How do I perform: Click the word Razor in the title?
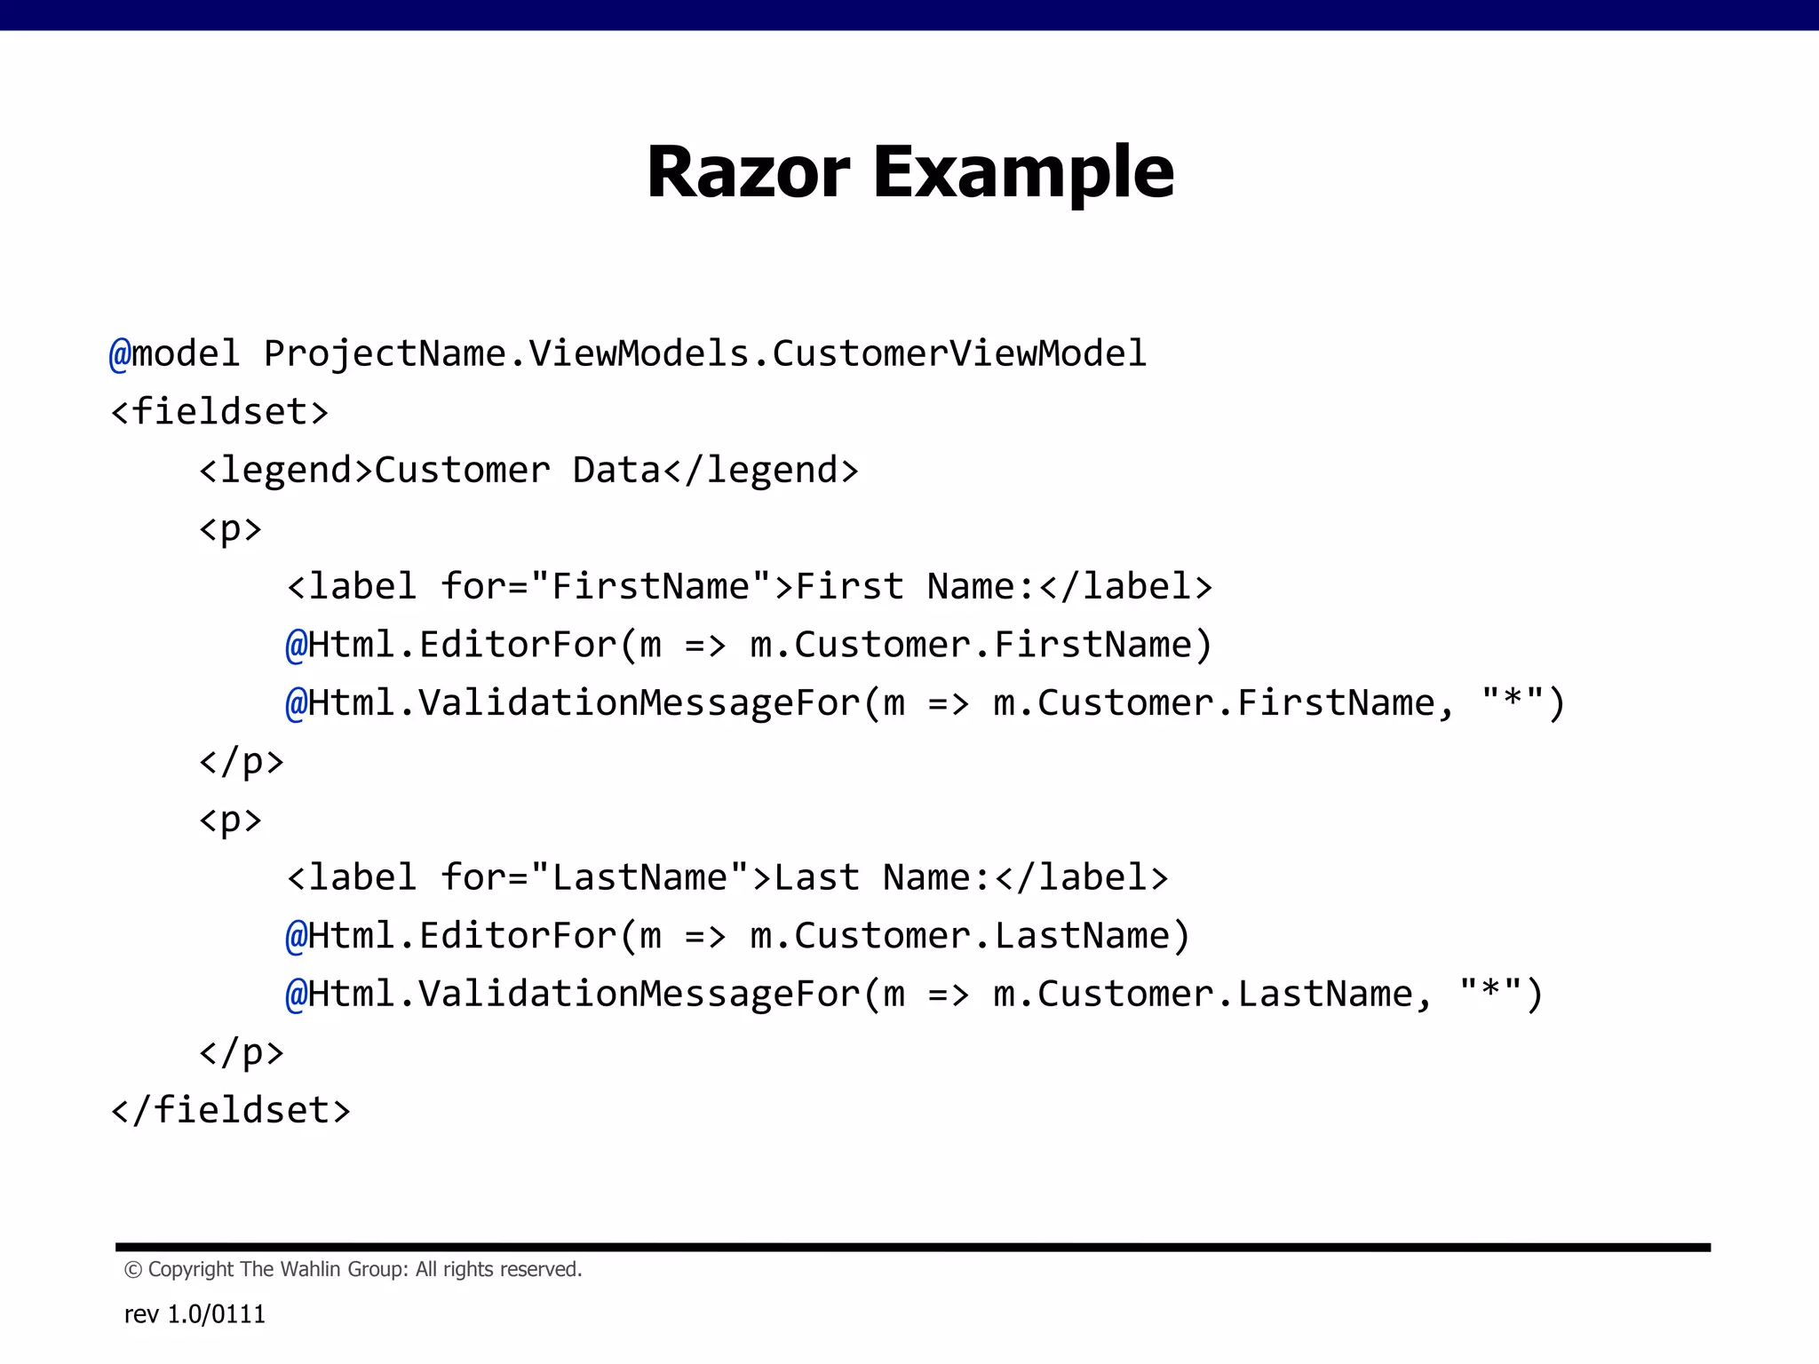pyautogui.click(x=748, y=172)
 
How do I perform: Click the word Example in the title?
pyautogui.click(x=1023, y=172)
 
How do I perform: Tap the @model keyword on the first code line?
pyautogui.click(x=174, y=353)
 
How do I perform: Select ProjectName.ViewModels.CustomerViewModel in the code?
pyautogui.click(x=705, y=353)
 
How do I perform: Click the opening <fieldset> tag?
pyautogui.click(x=219, y=412)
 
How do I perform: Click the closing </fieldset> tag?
pyautogui.click(x=231, y=1111)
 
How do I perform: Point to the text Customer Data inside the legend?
pyautogui.click(x=518, y=470)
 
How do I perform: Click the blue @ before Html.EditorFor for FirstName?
pyautogui.click(x=296, y=645)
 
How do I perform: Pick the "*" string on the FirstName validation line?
pyautogui.click(x=1513, y=702)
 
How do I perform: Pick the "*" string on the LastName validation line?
pyautogui.click(x=1490, y=994)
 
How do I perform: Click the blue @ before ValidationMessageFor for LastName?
pyautogui.click(x=296, y=995)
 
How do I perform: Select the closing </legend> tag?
pyautogui.click(x=760, y=470)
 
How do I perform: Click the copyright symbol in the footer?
pyautogui.click(x=133, y=1270)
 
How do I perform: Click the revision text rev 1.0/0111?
pyautogui.click(x=195, y=1314)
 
